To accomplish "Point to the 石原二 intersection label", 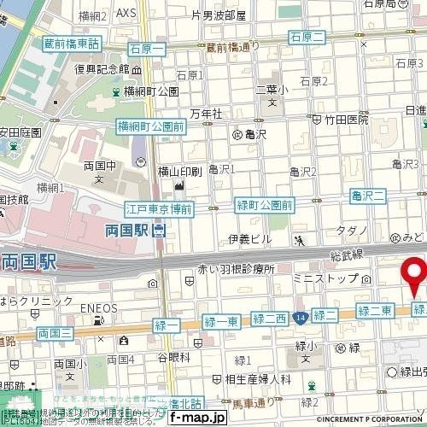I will pos(307,36).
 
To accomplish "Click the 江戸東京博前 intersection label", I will pos(159,209).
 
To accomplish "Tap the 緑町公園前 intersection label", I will pos(264,205).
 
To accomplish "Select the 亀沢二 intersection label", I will pos(368,196).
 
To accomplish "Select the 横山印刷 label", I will pos(178,172).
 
